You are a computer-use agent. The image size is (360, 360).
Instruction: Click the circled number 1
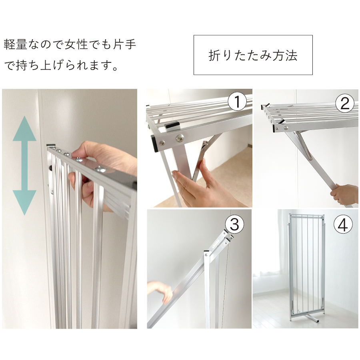tap(237, 102)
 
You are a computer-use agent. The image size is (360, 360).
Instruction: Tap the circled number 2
tap(345, 103)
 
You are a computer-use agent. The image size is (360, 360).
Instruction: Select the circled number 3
tap(234, 224)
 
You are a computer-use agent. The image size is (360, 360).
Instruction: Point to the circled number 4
tap(343, 224)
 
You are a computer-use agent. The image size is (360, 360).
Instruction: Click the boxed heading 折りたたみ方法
tap(253, 55)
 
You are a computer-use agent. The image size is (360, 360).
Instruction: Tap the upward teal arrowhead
tap(24, 128)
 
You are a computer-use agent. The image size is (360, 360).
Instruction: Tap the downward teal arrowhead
tap(24, 202)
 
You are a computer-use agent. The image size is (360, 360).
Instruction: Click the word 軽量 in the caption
tap(15, 44)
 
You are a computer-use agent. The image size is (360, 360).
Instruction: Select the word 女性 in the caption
tap(76, 44)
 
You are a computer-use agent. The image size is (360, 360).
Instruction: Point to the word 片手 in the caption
tap(124, 44)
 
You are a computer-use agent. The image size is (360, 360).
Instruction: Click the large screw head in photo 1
tap(180, 138)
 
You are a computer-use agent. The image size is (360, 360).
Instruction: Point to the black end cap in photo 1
tap(154, 144)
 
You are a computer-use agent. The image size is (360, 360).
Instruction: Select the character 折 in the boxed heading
tap(214, 55)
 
